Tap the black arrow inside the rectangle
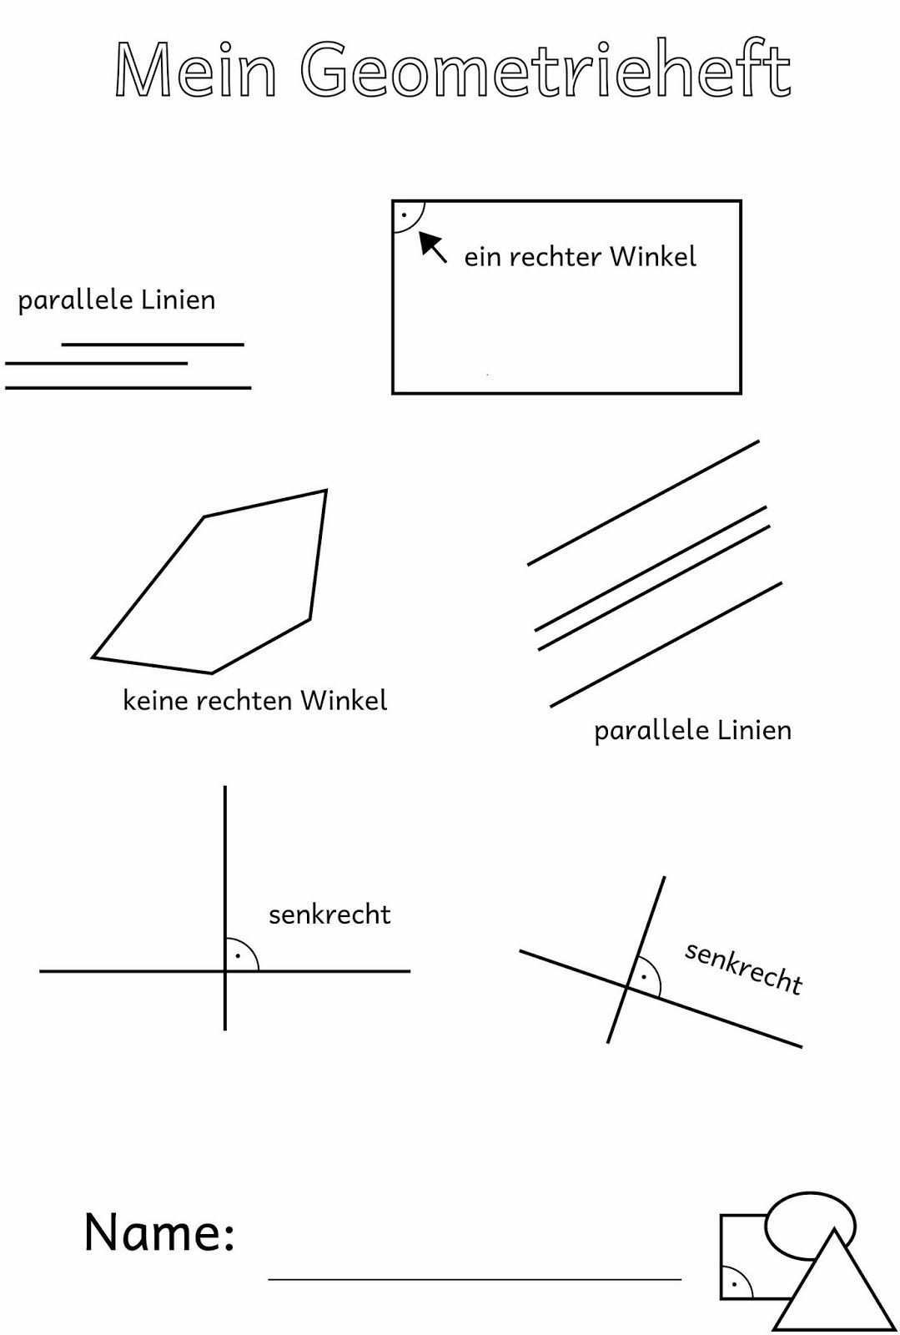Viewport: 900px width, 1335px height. pyautogui.click(x=432, y=246)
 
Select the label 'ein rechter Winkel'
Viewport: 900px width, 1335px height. pyautogui.click(x=580, y=256)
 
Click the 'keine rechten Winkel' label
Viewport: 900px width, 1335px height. pyautogui.click(x=255, y=700)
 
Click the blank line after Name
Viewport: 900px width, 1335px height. pyautogui.click(x=475, y=1277)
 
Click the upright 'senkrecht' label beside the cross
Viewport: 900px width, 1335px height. pyautogui.click(x=329, y=914)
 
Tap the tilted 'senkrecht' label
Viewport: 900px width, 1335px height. pyautogui.click(x=743, y=968)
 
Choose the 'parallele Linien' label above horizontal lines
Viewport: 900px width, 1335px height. pyautogui.click(x=117, y=300)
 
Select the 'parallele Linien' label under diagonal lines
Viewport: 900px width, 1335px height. pyautogui.click(x=692, y=730)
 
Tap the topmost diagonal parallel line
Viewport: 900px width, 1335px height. pyautogui.click(x=643, y=502)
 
